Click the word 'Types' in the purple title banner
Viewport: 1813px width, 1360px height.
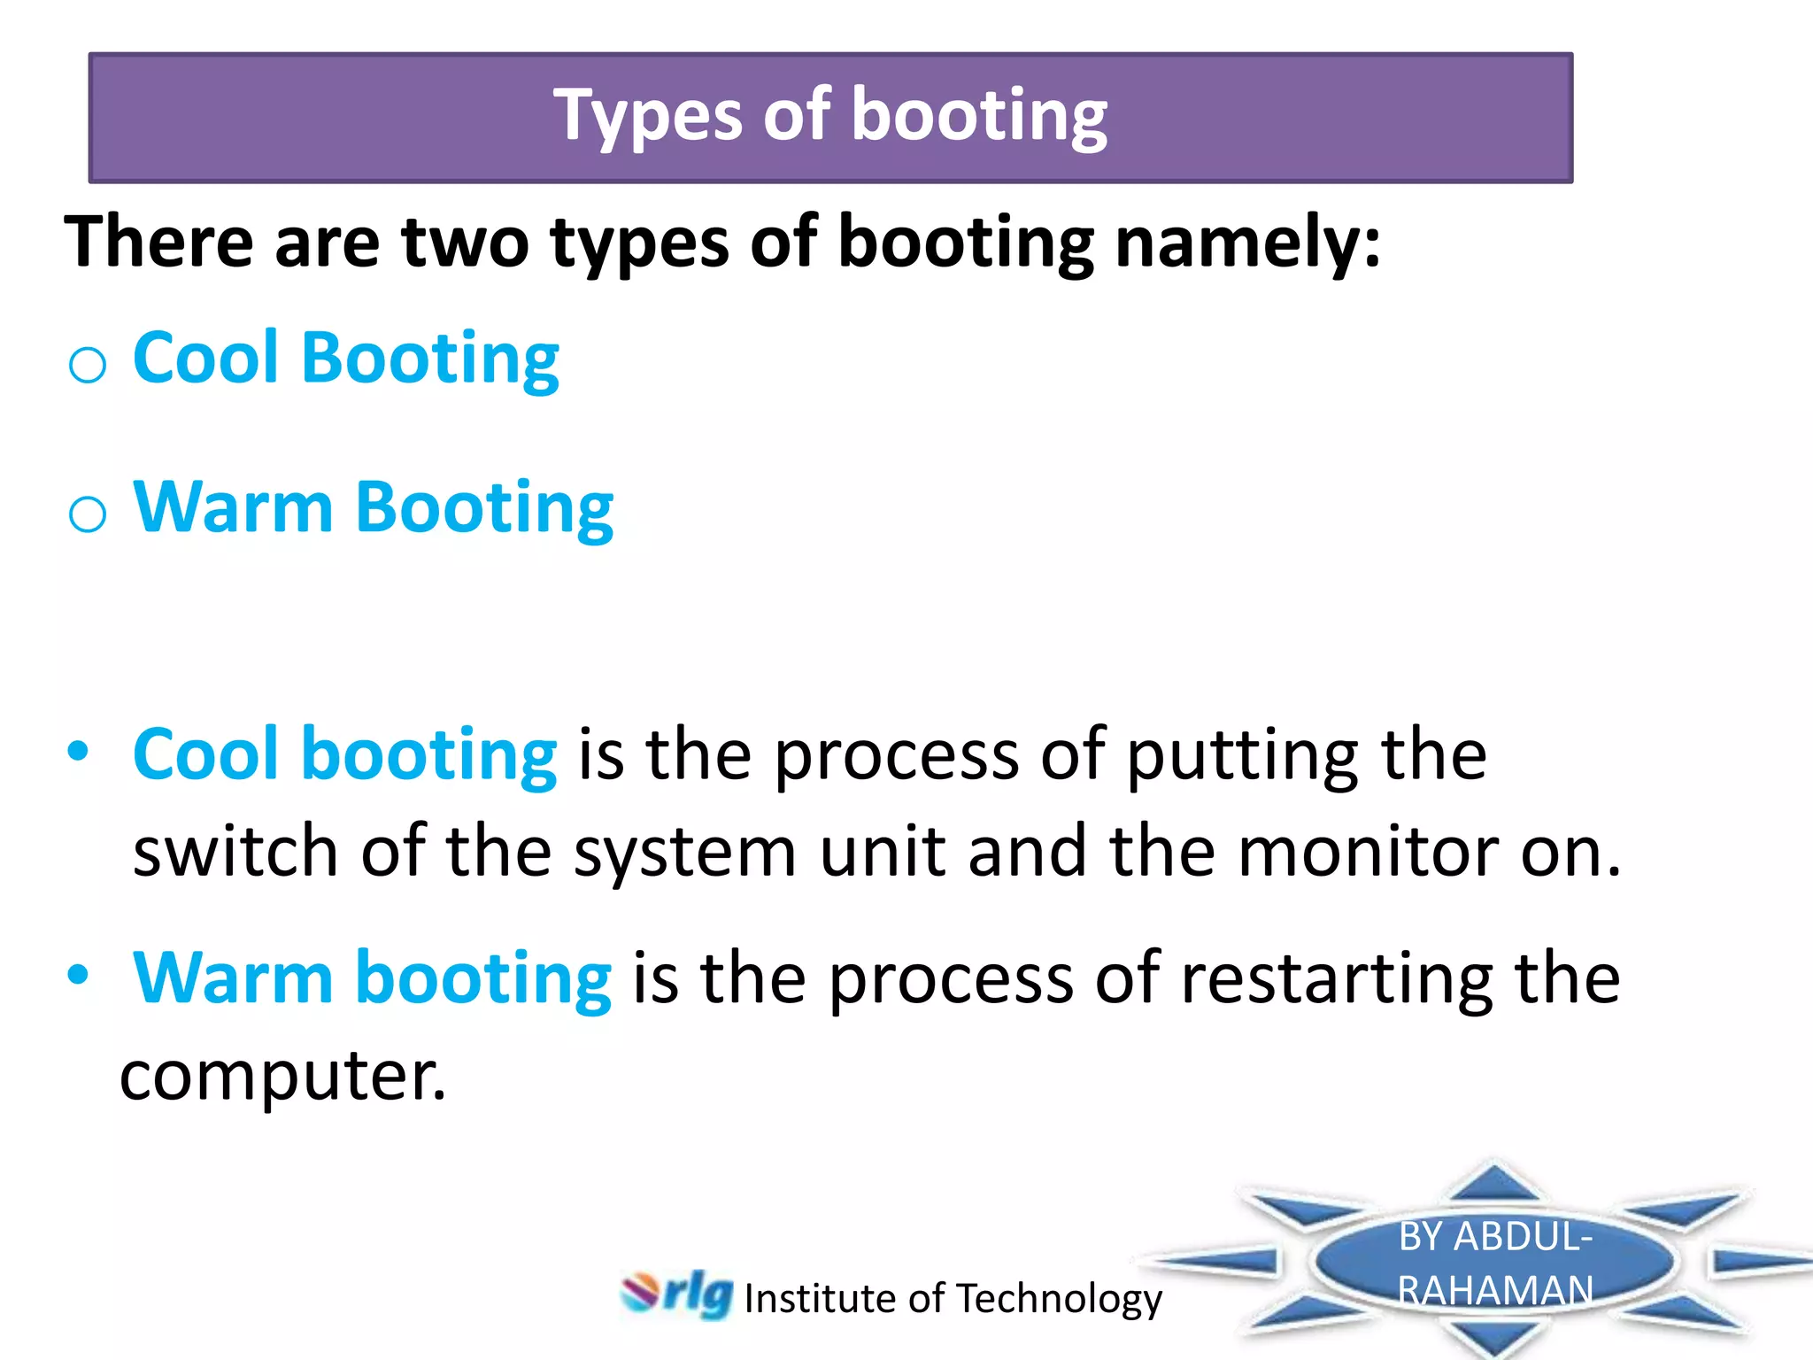click(x=647, y=118)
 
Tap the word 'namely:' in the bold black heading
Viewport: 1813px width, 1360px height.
click(x=1247, y=242)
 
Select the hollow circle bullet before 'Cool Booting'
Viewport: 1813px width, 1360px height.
click(x=88, y=364)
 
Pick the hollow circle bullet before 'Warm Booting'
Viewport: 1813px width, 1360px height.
click(x=88, y=514)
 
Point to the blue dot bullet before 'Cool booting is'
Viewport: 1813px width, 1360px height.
click(x=79, y=752)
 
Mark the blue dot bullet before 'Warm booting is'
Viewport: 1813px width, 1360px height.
click(x=79, y=975)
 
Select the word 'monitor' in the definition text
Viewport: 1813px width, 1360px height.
click(x=1367, y=852)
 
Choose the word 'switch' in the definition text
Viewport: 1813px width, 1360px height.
click(x=235, y=852)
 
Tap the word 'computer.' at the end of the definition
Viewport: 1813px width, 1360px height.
click(x=283, y=1077)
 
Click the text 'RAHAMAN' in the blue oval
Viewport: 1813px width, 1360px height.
click(x=1495, y=1290)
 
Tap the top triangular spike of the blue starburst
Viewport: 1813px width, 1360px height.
click(x=1494, y=1183)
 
